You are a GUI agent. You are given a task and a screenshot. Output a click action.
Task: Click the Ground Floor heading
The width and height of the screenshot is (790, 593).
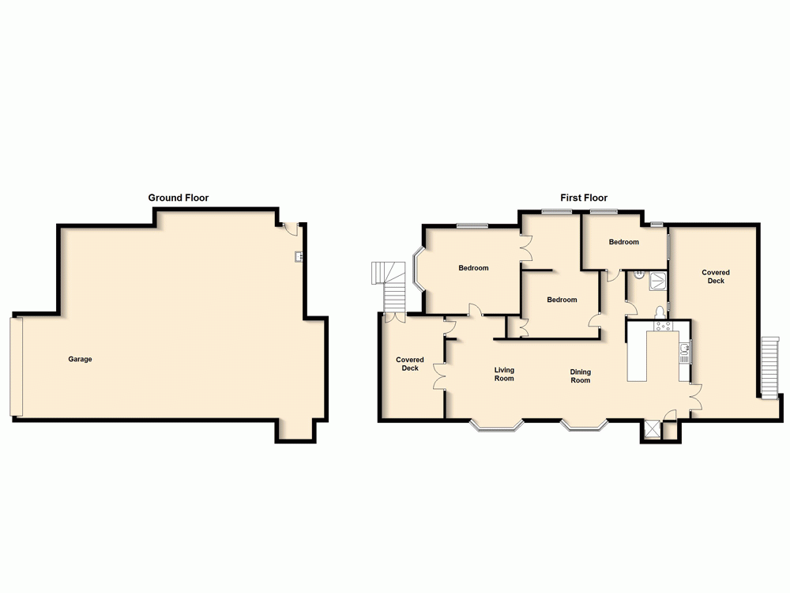tap(179, 198)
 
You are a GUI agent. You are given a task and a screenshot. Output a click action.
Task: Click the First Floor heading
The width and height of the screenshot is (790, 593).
tap(584, 198)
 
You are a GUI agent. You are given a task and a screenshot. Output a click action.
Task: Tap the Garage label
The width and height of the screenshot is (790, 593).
tap(80, 360)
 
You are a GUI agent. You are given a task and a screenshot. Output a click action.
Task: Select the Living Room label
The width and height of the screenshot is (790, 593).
tap(504, 374)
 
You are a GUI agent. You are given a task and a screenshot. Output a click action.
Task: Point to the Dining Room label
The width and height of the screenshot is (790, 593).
tap(581, 376)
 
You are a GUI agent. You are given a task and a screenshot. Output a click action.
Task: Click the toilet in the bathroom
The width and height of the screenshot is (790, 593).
tap(660, 310)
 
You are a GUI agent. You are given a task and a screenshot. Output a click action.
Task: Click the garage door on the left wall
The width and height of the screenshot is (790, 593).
tap(17, 366)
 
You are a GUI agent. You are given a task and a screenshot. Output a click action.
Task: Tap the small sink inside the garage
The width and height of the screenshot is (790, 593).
tap(299, 255)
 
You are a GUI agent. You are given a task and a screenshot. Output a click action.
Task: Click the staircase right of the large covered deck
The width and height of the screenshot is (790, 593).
tap(770, 368)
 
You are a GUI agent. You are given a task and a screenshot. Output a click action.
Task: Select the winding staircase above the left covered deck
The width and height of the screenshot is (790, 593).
tap(392, 286)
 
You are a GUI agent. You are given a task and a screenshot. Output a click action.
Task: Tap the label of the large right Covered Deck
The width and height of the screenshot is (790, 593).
tap(716, 277)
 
